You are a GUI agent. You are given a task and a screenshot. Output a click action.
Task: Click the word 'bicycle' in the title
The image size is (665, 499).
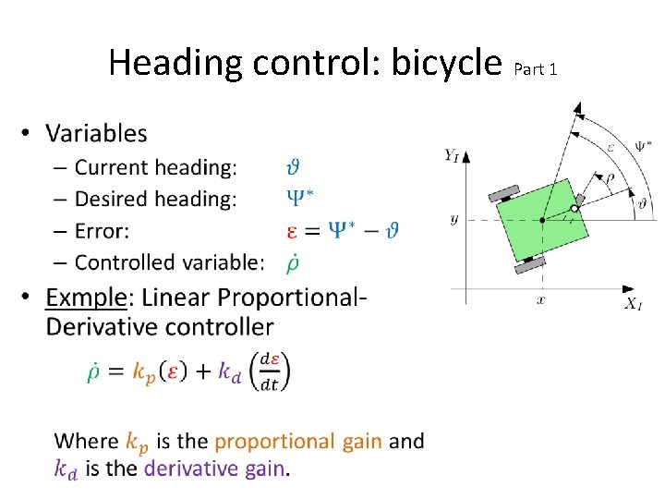(446, 63)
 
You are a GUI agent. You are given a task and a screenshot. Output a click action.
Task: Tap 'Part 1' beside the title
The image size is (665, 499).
(535, 69)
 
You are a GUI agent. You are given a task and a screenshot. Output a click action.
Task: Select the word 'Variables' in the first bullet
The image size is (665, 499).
(96, 133)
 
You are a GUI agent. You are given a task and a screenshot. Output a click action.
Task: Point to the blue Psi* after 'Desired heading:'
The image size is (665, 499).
(296, 198)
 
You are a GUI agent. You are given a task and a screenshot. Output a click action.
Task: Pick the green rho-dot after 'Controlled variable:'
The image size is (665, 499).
(292, 262)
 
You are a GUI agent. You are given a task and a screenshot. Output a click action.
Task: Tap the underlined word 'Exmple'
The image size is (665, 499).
(87, 298)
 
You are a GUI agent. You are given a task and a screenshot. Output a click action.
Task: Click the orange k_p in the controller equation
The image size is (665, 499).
(144, 371)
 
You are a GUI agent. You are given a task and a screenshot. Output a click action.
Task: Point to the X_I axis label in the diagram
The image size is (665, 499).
(633, 303)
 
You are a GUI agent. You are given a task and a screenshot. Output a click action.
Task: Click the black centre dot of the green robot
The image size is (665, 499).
(542, 220)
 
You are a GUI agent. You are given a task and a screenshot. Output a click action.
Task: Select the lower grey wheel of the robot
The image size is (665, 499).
(530, 263)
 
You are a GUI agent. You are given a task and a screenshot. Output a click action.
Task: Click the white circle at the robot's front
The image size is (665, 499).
(574, 209)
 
